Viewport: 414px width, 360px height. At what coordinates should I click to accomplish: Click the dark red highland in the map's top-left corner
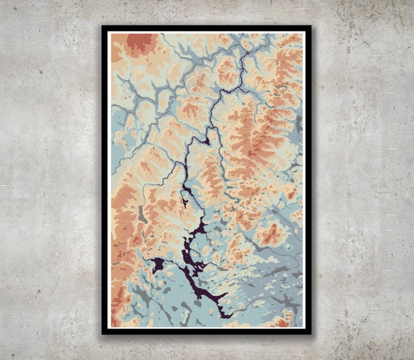139,44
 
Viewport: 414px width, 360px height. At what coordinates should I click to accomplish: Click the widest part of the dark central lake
190,250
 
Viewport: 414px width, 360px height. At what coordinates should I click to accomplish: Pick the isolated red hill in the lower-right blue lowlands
271,234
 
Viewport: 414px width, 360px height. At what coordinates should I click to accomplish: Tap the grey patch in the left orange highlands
143,215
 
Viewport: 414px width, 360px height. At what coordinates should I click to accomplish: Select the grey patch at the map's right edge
298,125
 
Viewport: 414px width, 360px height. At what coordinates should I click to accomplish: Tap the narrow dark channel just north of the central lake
187,196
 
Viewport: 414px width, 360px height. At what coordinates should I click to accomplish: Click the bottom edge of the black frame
206,332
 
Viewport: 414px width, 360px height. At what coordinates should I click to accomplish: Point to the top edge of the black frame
206,28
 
